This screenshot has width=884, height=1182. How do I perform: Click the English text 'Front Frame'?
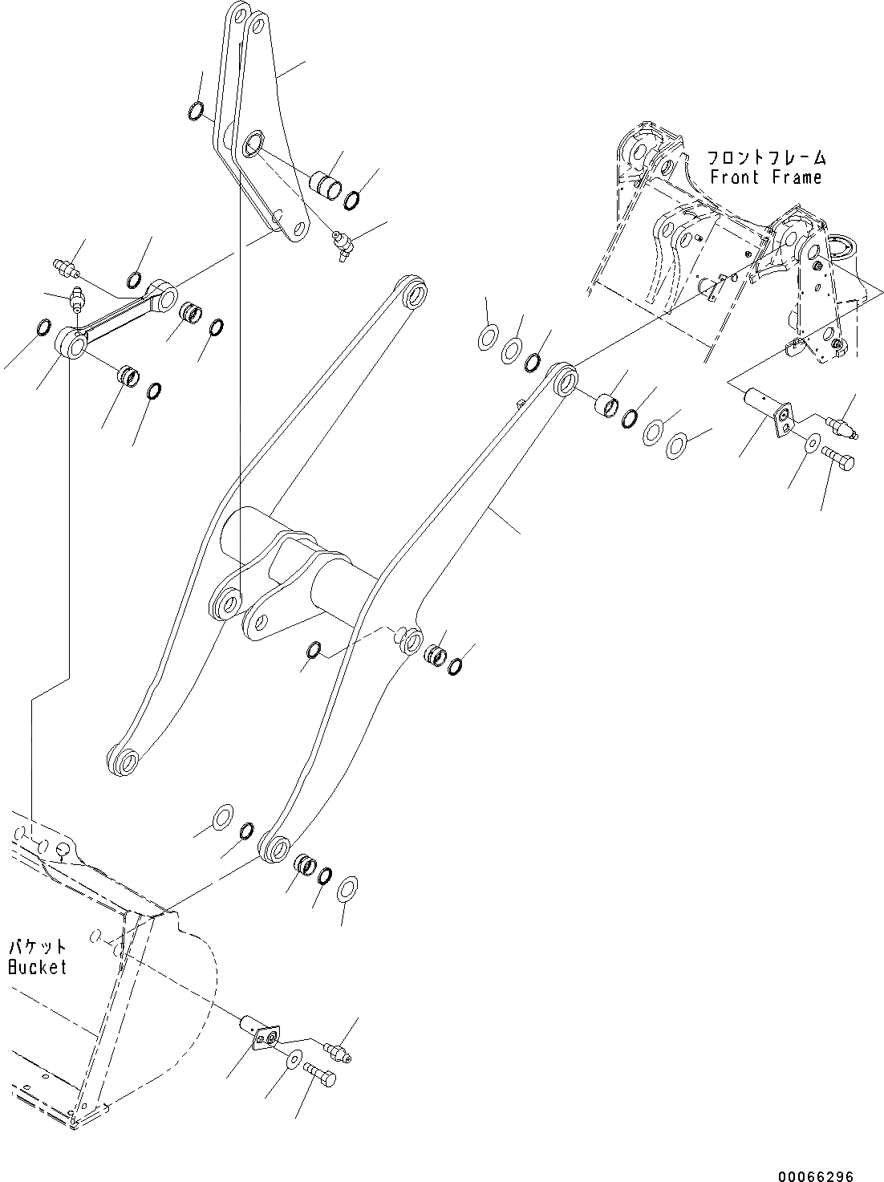[765, 177]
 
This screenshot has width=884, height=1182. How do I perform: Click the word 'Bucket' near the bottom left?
[37, 967]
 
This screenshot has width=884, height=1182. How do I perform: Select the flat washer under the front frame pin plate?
[811, 442]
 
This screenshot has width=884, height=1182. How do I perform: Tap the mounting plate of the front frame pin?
[784, 422]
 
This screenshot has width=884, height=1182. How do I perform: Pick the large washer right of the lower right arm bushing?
[347, 888]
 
